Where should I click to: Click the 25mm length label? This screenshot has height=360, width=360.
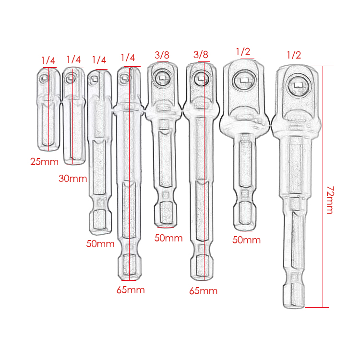tap(44, 162)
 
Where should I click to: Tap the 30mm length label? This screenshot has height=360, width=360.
tap(73, 179)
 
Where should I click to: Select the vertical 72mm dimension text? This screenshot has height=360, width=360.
tap(330, 200)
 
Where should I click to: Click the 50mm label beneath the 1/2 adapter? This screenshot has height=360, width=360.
tap(247, 240)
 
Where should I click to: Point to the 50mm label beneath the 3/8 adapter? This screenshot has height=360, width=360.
tap(168, 238)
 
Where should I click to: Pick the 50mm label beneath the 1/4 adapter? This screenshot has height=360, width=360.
tap(100, 244)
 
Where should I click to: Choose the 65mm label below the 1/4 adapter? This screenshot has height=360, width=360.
tap(131, 290)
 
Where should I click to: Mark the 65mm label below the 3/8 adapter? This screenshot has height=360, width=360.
tap(204, 291)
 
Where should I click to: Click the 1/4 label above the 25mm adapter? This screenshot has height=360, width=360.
tap(48, 60)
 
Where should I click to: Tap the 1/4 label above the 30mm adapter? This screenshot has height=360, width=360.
tap(74, 60)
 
